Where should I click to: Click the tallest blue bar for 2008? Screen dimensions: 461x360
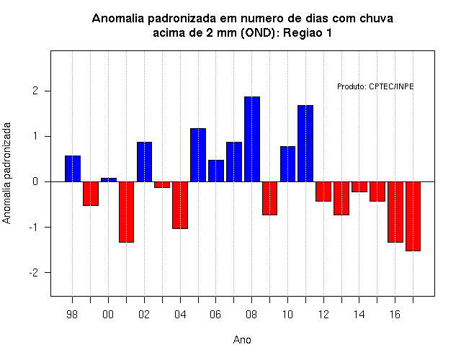point(252,139)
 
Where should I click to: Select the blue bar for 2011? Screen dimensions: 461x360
point(305,143)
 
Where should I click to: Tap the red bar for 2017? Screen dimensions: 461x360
point(413,216)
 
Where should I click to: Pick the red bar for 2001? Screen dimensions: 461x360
point(127,212)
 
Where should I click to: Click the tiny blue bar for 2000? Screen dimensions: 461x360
point(109,180)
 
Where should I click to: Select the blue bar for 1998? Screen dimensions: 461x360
point(73,168)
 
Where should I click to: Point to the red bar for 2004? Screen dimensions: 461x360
point(180,205)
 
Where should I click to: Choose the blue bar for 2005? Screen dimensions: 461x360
point(198,155)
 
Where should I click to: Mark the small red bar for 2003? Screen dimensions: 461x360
point(162,184)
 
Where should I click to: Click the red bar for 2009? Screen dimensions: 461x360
point(269,199)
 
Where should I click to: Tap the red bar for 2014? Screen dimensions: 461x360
point(359,187)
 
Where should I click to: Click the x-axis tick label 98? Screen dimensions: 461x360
point(72,315)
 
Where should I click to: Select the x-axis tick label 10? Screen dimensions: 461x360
point(287,315)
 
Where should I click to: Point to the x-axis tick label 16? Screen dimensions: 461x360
point(395,315)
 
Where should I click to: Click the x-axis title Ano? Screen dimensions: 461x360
point(242,340)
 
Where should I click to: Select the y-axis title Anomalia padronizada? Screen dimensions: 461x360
point(6,173)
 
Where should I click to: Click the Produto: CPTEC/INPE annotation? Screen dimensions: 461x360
point(375,86)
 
